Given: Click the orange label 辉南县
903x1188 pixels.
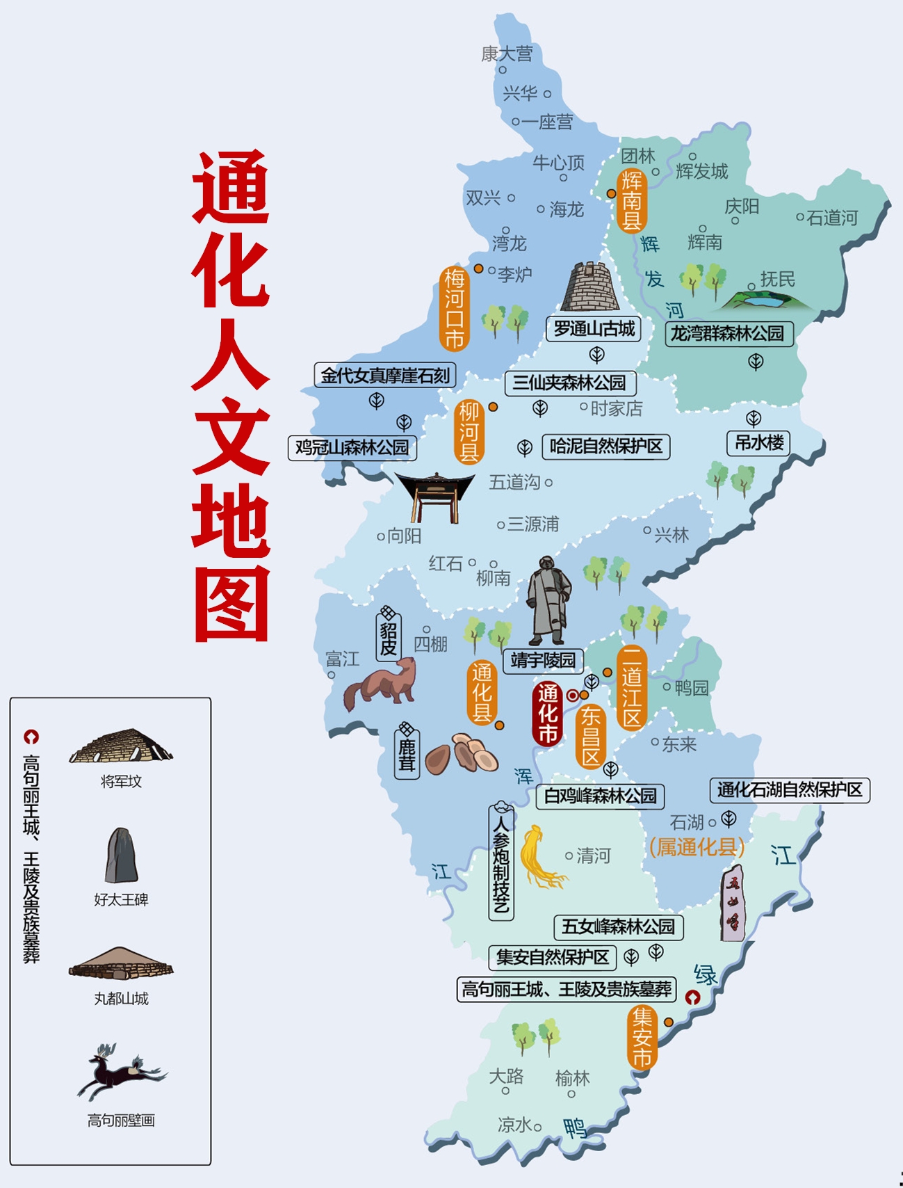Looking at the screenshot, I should pos(631,200).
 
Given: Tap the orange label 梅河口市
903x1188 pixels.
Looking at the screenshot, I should pos(455,308).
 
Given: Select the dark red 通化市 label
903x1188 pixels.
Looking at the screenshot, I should pos(547,713).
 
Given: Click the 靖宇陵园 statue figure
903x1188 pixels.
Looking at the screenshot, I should pos(548,600).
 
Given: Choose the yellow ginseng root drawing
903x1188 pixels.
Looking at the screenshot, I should pos(539,857).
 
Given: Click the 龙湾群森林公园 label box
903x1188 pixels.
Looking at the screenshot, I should pos(728,334).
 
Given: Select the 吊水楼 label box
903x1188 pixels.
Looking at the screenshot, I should pos(759,442).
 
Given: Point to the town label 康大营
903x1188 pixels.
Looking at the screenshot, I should pos(507,54).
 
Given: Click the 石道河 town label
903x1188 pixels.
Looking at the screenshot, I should pos(832,218).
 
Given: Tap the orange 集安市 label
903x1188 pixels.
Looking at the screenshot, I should pos(642,1037).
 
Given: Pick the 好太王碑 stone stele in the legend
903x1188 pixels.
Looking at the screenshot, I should pos(121,855).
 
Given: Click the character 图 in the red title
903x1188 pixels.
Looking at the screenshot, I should pos(231,603).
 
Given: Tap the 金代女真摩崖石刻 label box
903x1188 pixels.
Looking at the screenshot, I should pos(385,376).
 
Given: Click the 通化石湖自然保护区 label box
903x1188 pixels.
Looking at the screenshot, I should pos(789,789).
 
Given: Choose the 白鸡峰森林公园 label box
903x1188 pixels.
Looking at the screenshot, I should pos(600,796).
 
